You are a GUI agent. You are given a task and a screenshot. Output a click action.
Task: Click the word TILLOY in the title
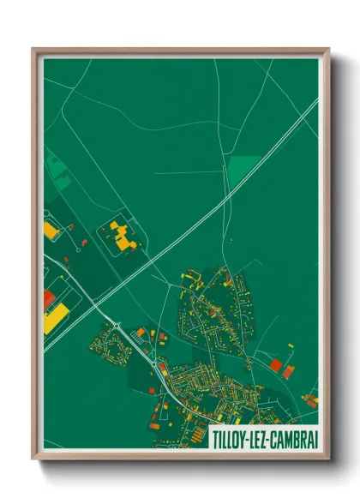pyautogui.click(x=230, y=437)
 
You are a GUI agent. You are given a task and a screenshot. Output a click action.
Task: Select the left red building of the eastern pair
pyautogui.click(x=276, y=365)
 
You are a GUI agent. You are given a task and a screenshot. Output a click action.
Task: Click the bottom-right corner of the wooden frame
pyautogui.click(x=328, y=459)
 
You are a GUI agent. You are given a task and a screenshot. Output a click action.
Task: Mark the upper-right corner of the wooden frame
pyautogui.click(x=328, y=50)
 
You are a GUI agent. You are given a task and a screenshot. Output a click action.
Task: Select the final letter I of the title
pyautogui.click(x=315, y=437)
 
